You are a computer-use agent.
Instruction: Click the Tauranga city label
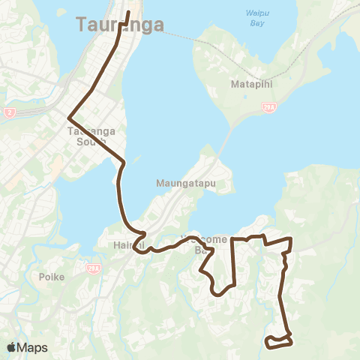click(x=120, y=25)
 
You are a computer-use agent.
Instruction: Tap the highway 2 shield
click(x=10, y=112)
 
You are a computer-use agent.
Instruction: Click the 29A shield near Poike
click(x=94, y=268)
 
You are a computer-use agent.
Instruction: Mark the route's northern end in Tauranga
click(x=128, y=13)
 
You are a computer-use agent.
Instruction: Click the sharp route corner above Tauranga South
click(x=69, y=118)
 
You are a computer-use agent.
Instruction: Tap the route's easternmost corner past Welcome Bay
click(x=289, y=238)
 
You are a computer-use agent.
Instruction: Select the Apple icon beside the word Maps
click(x=11, y=347)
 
